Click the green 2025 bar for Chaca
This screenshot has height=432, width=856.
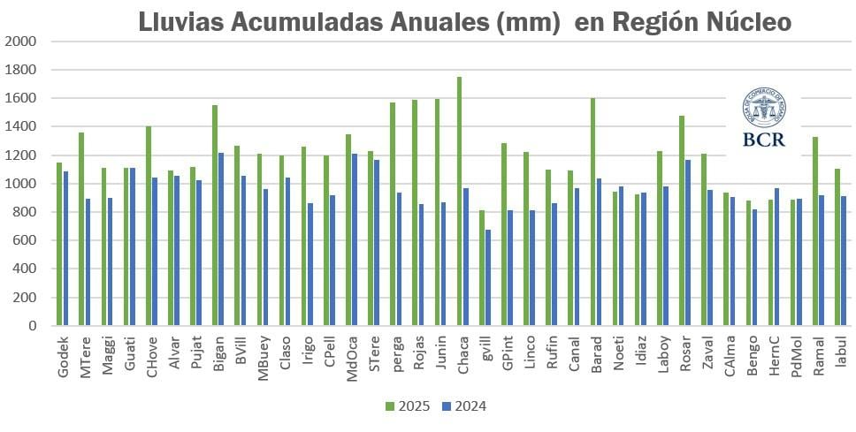click(x=459, y=201)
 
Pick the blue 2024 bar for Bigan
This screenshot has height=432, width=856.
click(x=220, y=239)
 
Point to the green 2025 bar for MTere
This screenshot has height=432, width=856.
click(x=81, y=229)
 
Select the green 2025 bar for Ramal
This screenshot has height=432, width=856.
click(x=814, y=231)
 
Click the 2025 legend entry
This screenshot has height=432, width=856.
click(x=408, y=406)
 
